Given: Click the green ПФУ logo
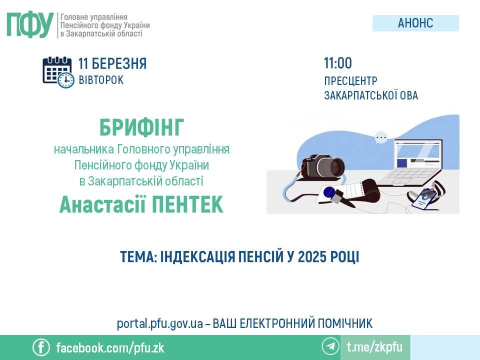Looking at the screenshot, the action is (30, 25).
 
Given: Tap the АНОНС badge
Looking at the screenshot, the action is (415, 23).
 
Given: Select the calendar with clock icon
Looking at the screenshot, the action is (58, 72).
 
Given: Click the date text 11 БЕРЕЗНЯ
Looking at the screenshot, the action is (112, 63).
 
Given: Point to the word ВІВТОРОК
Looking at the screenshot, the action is (101, 80).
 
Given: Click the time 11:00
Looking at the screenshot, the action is (338, 63).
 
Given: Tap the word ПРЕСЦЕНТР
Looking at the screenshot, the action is (350, 81).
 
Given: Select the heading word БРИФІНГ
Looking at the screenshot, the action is (141, 127).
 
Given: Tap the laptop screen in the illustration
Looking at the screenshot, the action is (417, 155).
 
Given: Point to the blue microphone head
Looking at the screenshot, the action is (329, 192).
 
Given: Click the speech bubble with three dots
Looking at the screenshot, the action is (381, 137).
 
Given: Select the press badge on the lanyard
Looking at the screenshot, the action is (424, 198).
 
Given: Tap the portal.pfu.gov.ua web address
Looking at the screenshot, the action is (160, 323).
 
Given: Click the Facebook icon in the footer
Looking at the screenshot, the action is (41, 347).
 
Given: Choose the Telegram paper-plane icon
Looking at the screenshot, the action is (330, 346).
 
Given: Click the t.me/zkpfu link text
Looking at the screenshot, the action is (374, 347).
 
